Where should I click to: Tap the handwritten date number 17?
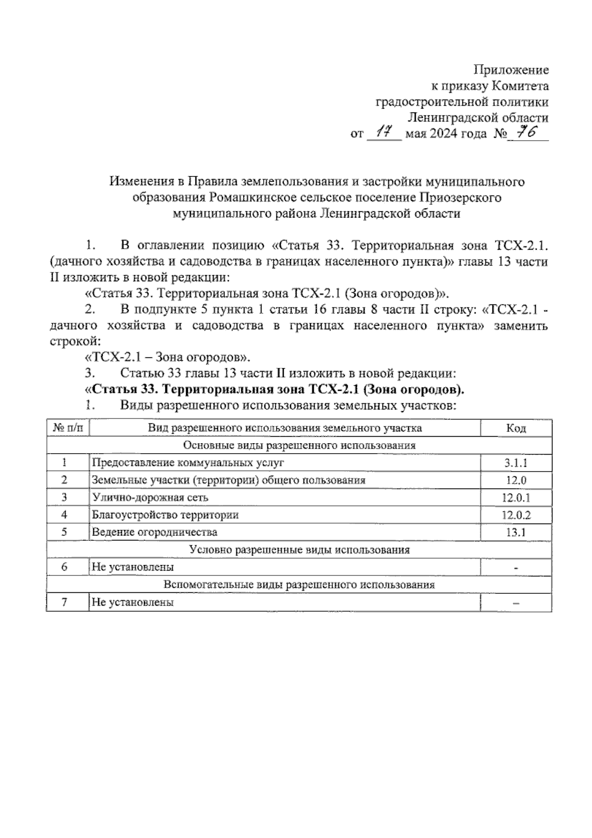pos(384,133)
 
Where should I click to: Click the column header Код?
pos(516,428)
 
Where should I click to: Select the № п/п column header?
pos(68,428)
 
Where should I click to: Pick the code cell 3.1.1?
pos(516,463)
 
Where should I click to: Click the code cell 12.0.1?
pos(516,497)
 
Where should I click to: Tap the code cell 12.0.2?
pos(516,515)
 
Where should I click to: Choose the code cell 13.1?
pos(516,532)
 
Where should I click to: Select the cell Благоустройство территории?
pos(165,515)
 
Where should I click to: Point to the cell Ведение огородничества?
pos(154,532)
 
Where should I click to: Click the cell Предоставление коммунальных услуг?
pos(188,463)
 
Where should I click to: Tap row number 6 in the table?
pos(64,567)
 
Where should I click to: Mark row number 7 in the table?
pos(64,602)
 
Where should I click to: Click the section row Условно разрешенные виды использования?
pos(299,549)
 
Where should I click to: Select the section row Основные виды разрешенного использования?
pos(299,445)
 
